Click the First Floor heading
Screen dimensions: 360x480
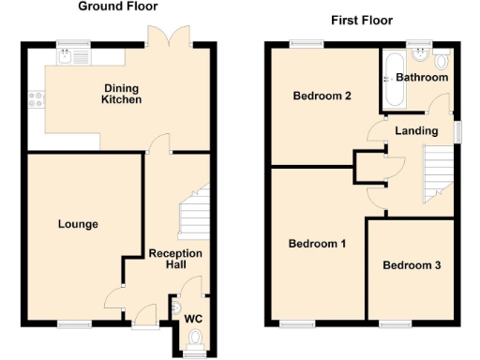pyautogui.click(x=362, y=20)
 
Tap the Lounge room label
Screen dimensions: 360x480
pyautogui.click(x=78, y=224)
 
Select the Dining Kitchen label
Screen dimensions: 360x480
pyautogui.click(x=122, y=95)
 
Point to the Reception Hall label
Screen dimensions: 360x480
pyautogui.click(x=175, y=260)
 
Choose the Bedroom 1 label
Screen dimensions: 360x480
pyautogui.click(x=317, y=244)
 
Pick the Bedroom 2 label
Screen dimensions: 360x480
pyautogui.click(x=322, y=96)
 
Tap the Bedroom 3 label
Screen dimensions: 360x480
pyautogui.click(x=412, y=265)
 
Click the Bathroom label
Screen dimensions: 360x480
pyautogui.click(x=422, y=77)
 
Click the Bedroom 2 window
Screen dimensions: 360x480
pyautogui.click(x=303, y=43)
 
